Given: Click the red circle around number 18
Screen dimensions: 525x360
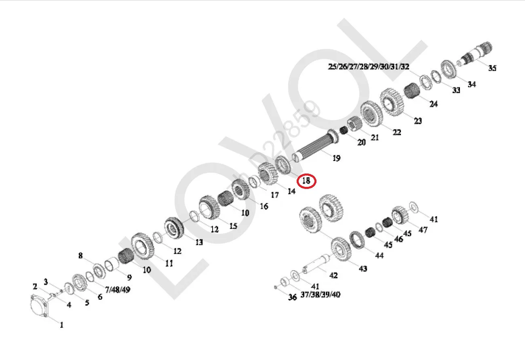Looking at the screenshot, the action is (x=306, y=180).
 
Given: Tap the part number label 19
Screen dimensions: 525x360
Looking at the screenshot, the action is (x=336, y=158).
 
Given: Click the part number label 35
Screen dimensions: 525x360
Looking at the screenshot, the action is (x=492, y=68).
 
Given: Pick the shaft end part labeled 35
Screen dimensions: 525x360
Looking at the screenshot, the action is (x=479, y=53).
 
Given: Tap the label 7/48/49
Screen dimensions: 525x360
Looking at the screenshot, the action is (x=117, y=290).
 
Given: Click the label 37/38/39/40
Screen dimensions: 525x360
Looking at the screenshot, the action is (x=320, y=294).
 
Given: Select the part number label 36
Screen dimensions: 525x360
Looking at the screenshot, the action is (x=293, y=297).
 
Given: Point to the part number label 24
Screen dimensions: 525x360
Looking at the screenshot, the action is (x=433, y=104).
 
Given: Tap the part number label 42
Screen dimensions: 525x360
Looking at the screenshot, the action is (x=333, y=275).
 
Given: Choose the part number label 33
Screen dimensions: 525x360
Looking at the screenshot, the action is (x=456, y=90).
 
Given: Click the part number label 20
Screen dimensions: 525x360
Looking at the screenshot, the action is (x=361, y=142).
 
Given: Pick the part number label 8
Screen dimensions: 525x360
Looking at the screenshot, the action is (x=80, y=256).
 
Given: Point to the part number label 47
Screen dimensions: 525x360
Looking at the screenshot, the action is (x=423, y=230).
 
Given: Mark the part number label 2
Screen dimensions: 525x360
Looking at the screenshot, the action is (x=35, y=287).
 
